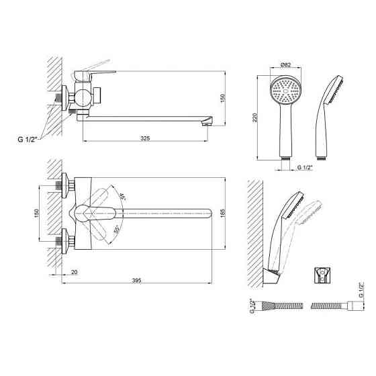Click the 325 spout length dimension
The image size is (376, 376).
click(x=145, y=138)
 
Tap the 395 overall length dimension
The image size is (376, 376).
click(x=137, y=281)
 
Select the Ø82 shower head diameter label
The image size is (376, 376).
click(x=285, y=64)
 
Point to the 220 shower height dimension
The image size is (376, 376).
click(x=255, y=117)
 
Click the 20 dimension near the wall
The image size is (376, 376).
click(x=75, y=272)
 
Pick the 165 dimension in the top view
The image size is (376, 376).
click(x=223, y=214)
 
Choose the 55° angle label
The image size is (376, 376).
click(x=117, y=230)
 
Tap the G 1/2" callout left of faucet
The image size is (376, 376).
click(x=28, y=140)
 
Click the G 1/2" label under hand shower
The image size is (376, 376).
click(x=305, y=167)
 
